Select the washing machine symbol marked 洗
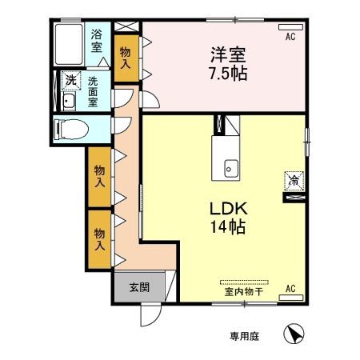tap(70, 81)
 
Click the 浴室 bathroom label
tap(97, 41)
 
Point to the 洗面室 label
tap(93, 91)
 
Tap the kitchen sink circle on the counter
tap(229, 168)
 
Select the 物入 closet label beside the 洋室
tap(126, 58)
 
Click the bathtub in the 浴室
tap(68, 45)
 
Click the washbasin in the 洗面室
tap(67, 101)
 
